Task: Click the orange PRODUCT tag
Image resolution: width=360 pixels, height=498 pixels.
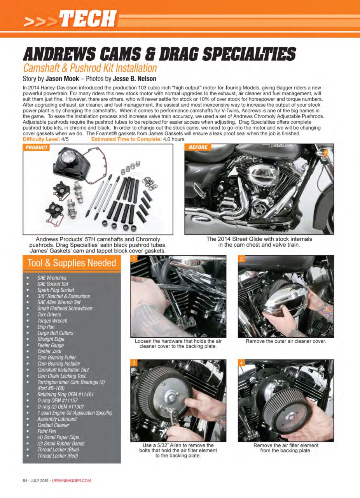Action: (36, 147)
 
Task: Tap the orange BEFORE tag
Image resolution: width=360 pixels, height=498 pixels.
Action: (198, 147)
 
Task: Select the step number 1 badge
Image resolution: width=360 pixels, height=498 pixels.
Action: (134, 259)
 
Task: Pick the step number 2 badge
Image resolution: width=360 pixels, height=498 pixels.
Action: (241, 259)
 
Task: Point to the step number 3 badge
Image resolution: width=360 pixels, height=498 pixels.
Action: (134, 363)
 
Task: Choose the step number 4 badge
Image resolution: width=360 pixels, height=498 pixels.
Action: (241, 363)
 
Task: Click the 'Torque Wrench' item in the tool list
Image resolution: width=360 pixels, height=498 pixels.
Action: (52, 321)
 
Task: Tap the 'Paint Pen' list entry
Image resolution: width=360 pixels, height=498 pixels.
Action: (47, 431)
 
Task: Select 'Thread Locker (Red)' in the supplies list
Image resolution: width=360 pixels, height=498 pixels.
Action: (58, 456)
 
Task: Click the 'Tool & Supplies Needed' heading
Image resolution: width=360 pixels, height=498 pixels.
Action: (72, 263)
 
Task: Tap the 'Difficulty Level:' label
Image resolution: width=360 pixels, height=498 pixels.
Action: (42, 139)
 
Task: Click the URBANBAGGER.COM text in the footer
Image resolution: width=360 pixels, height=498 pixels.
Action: (71, 480)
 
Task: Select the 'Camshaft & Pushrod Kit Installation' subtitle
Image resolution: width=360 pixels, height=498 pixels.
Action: (90, 68)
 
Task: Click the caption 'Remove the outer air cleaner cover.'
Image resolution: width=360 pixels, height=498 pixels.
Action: (285, 342)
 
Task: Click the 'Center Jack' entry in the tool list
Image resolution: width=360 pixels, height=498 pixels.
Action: (49, 351)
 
